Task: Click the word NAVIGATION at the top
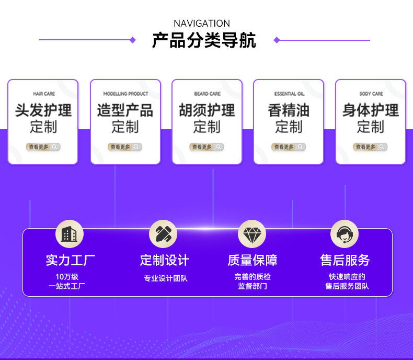[x=202, y=24]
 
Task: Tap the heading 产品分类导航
[x=204, y=40]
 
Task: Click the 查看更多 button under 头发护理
[x=43, y=147]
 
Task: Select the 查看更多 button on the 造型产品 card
[x=125, y=147]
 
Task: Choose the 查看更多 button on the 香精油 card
[x=289, y=147]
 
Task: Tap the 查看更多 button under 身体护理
[x=370, y=147]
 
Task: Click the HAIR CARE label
[x=44, y=94]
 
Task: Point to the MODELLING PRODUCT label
[x=125, y=94]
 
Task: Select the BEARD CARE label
[x=207, y=94]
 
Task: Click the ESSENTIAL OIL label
[x=289, y=94]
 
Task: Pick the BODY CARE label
[x=371, y=94]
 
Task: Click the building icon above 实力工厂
[x=70, y=234]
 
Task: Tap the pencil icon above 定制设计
[x=163, y=234]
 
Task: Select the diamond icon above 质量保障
[x=252, y=234]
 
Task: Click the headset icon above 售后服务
[x=345, y=234]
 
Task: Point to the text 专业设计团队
[x=165, y=278]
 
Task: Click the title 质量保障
[x=252, y=260]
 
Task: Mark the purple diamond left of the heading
[x=132, y=40]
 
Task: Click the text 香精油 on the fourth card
[x=289, y=110]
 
